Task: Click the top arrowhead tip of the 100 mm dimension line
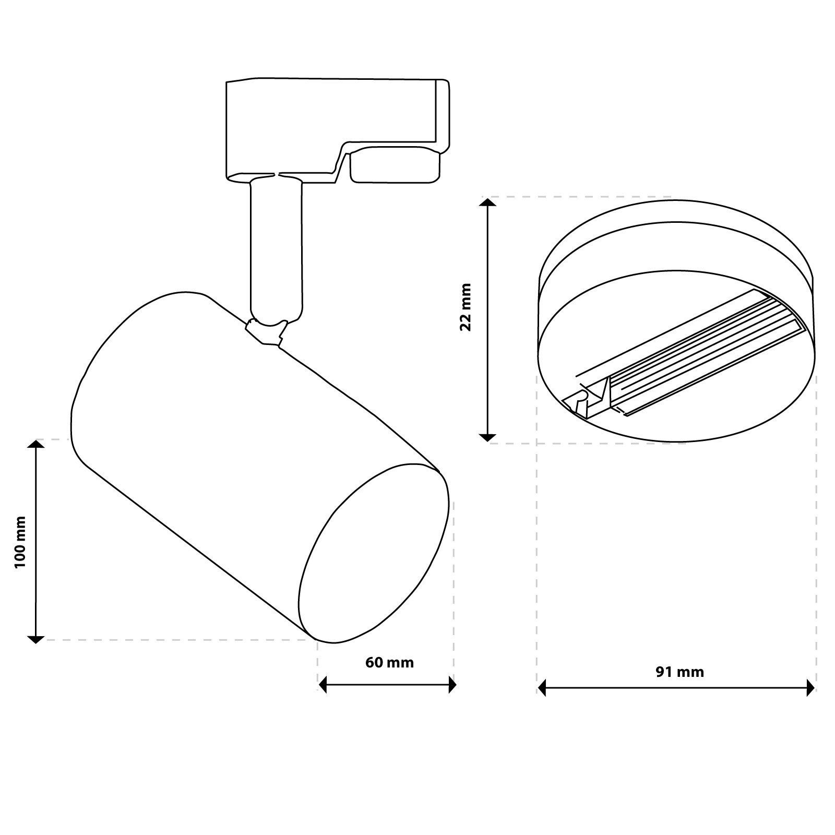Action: pyautogui.click(x=35, y=440)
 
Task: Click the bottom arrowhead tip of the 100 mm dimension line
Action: pyautogui.click(x=35, y=643)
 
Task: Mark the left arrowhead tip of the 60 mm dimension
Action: pyautogui.click(x=319, y=684)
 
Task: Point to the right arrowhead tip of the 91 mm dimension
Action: pyautogui.click(x=815, y=688)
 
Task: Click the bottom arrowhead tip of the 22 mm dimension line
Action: pyautogui.click(x=487, y=442)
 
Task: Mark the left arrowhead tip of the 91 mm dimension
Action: pyautogui.click(x=538, y=688)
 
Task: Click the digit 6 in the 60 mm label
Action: pyautogui.click(x=370, y=663)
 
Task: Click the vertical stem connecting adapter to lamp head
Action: pyautogui.click(x=276, y=250)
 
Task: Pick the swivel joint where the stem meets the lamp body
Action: pyautogui.click(x=266, y=332)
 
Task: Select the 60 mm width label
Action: pyautogui.click(x=389, y=663)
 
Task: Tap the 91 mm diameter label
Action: pyautogui.click(x=679, y=672)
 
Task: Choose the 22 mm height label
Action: pyautogui.click(x=465, y=307)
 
